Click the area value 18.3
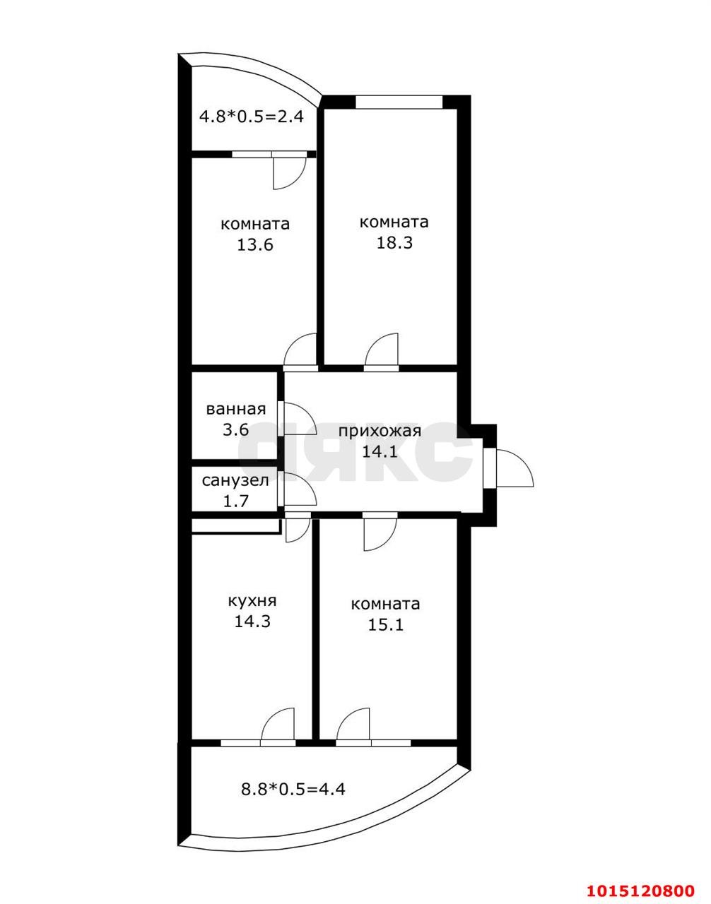coord(394,244)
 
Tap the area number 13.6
coord(255,245)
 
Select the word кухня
coord(252,601)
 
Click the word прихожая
coord(380,432)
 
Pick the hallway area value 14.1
coord(380,452)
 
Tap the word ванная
coord(236,409)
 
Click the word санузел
coord(235,481)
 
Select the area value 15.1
coord(385,625)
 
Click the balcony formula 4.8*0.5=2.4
coord(252,116)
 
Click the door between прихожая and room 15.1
coord(380,533)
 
